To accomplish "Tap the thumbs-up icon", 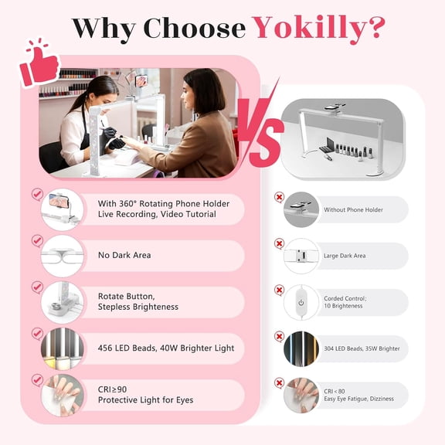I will [x=40, y=63].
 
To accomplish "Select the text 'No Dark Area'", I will [x=124, y=255].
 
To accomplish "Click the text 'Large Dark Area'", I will [x=345, y=256].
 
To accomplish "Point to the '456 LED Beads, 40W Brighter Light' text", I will [x=165, y=348].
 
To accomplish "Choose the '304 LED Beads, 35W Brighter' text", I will [x=362, y=348].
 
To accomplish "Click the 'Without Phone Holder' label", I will [x=353, y=209].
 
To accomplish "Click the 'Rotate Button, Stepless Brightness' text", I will [x=138, y=301].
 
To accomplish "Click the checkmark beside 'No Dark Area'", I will [x=37, y=240].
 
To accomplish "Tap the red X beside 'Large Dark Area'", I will [x=279, y=243].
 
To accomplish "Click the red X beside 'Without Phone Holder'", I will [x=279, y=198].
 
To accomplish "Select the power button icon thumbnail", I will [x=301, y=302].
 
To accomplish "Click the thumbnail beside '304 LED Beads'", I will [x=301, y=348].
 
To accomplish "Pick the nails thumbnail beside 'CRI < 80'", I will [x=301, y=395].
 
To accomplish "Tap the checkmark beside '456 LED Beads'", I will [x=37, y=333].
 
